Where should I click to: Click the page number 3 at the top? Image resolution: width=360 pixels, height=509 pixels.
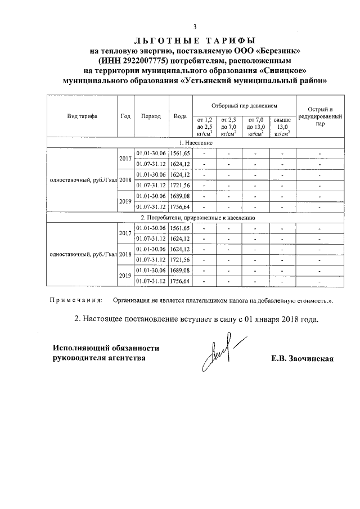[195, 27]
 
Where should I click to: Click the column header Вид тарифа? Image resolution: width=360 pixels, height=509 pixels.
[82, 116]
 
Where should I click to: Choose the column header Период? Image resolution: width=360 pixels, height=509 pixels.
[151, 116]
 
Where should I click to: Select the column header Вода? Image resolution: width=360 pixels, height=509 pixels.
[181, 116]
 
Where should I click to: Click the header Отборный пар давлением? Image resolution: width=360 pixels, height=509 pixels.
[244, 106]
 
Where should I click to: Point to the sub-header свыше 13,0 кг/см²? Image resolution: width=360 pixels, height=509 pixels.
[282, 127]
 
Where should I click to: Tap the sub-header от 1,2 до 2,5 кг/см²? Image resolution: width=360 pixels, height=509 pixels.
[204, 127]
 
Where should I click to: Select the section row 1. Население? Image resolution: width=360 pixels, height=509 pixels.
[195, 143]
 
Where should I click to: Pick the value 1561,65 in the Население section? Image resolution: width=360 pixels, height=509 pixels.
[181, 154]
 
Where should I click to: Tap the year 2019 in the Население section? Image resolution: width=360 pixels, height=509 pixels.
[125, 201]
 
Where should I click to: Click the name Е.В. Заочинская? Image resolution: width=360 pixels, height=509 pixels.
[302, 359]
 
